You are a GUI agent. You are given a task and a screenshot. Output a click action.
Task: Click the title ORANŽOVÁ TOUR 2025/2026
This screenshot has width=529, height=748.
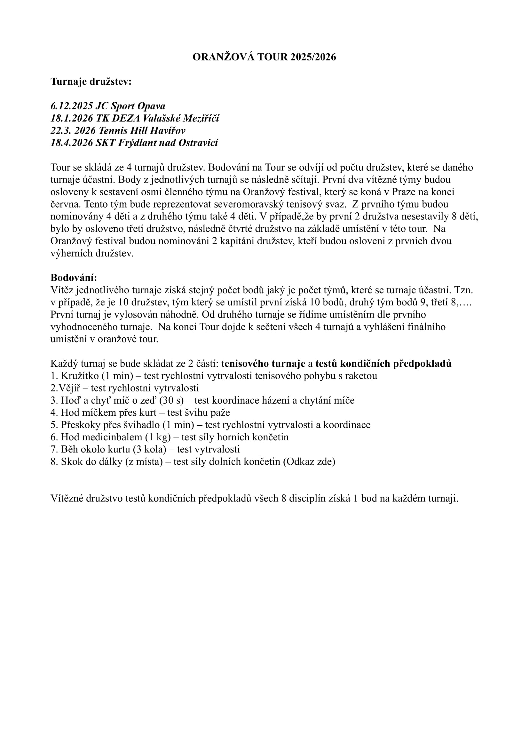click(264, 57)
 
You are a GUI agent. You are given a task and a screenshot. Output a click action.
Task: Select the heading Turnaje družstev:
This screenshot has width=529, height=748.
click(91, 82)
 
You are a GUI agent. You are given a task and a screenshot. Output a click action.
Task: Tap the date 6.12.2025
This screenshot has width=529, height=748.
click(72, 106)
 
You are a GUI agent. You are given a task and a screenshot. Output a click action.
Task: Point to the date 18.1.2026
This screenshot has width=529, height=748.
click(72, 118)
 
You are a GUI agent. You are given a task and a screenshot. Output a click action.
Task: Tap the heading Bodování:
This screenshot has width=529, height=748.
click(74, 278)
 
